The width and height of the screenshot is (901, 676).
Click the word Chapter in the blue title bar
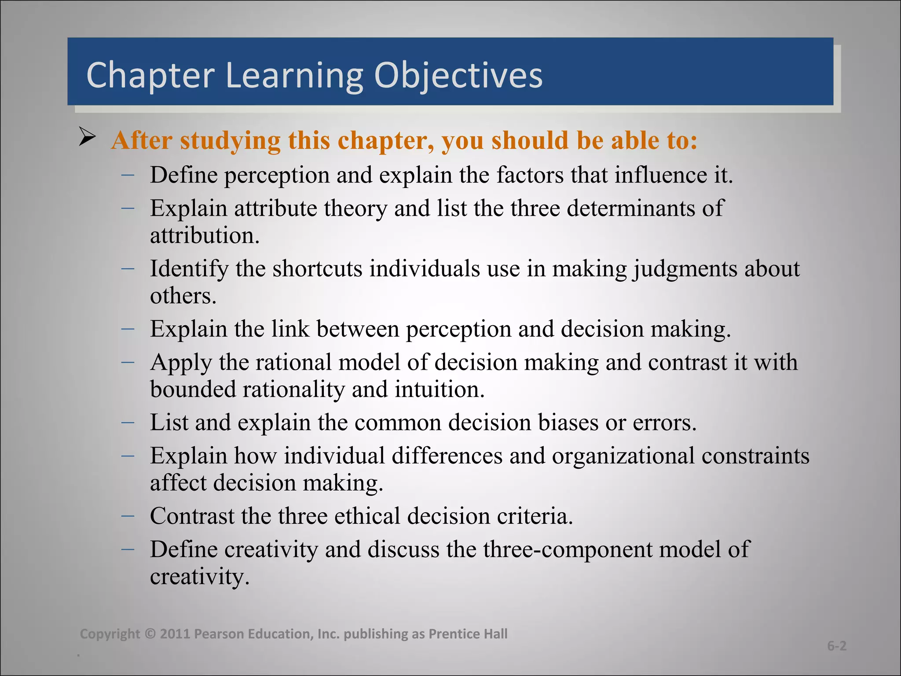tap(150, 76)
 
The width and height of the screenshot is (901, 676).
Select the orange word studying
tap(230, 141)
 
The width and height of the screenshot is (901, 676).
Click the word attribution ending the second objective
tap(205, 235)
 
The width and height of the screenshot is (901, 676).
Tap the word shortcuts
tap(317, 268)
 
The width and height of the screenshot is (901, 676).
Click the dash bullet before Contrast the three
tap(128, 514)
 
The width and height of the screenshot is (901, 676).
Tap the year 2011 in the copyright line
tap(174, 634)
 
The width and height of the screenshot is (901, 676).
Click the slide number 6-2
tap(836, 646)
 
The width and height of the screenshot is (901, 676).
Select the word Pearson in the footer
tap(219, 634)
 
